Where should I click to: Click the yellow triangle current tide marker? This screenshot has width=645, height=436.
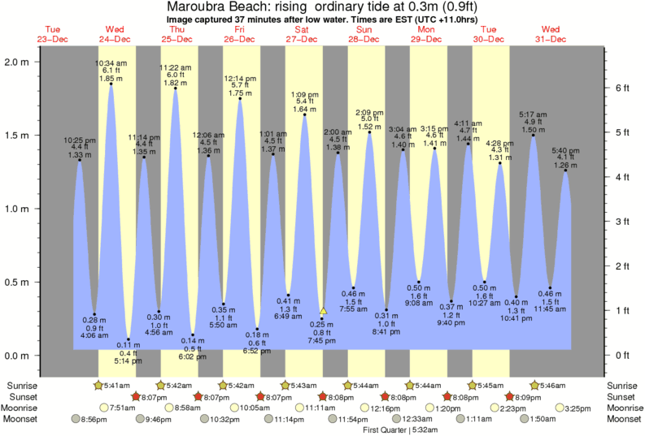tap(323, 310)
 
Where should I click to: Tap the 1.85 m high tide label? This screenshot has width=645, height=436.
tap(111, 78)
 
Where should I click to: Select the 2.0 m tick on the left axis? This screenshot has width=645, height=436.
tap(19, 62)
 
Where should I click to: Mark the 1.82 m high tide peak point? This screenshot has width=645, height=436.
tap(175, 88)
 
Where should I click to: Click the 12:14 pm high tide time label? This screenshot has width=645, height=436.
tap(239, 78)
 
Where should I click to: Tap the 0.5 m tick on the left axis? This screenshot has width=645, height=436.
tap(19, 283)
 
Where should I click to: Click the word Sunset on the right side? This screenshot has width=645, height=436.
tap(624, 396)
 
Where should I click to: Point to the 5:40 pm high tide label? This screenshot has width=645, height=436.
tap(565, 149)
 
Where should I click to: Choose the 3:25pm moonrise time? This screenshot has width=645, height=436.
tap(582, 408)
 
